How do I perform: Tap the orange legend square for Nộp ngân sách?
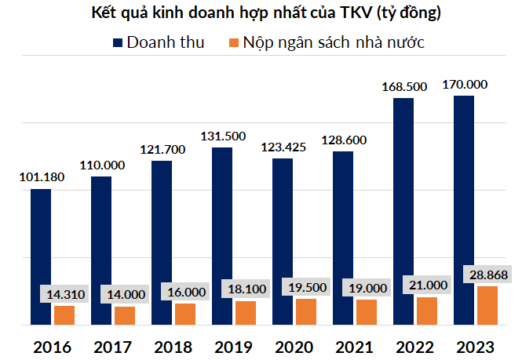pos(232,42)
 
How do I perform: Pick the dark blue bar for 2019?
pos(222,235)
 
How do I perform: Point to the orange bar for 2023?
pos(487,305)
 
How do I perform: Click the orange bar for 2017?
pos(125,315)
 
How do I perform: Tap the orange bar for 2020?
pos(306,311)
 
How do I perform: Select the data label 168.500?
pos(404,88)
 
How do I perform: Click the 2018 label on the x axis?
pos(174,346)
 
